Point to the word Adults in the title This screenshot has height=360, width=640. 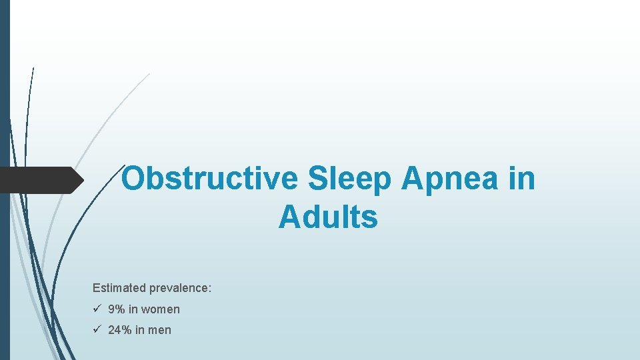coord(328,217)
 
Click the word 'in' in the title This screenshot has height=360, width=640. coord(523,179)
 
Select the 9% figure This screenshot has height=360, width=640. coord(117,309)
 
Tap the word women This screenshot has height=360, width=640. coord(161,309)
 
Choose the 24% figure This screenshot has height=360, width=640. coord(120,330)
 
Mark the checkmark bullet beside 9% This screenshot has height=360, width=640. coord(97,309)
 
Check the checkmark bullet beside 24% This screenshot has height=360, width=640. coord(97,329)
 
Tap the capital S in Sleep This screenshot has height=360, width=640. coord(317,179)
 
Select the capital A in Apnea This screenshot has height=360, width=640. coord(413,179)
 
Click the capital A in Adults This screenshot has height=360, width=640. coord(289,217)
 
